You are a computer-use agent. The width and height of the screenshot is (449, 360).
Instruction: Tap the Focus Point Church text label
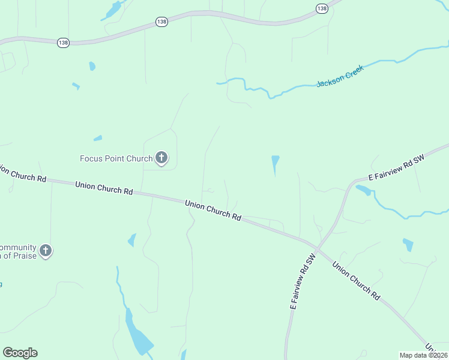click(x=116, y=158)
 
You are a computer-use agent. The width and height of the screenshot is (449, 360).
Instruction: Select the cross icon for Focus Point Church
click(x=161, y=158)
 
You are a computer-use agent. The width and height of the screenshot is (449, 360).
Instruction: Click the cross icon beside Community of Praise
click(x=46, y=250)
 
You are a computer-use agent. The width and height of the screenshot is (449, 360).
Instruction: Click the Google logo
click(x=20, y=353)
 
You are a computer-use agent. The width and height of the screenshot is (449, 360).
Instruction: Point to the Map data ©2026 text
click(x=423, y=355)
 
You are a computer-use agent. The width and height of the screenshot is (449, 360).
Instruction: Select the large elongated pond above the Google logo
click(x=137, y=334)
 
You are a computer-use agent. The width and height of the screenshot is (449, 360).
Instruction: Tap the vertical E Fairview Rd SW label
click(x=302, y=281)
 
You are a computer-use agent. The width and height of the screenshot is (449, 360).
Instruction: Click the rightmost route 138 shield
click(x=322, y=8)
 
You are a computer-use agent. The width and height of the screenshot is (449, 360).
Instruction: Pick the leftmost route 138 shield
click(x=64, y=43)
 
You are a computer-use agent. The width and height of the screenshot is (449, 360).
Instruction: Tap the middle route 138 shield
click(x=161, y=22)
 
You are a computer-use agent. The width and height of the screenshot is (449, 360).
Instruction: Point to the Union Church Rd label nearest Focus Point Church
click(x=104, y=188)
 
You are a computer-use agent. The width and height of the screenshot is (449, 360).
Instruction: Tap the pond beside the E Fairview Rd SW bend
click(x=363, y=191)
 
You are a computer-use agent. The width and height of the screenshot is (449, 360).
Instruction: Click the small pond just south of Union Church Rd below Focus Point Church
click(x=131, y=241)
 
